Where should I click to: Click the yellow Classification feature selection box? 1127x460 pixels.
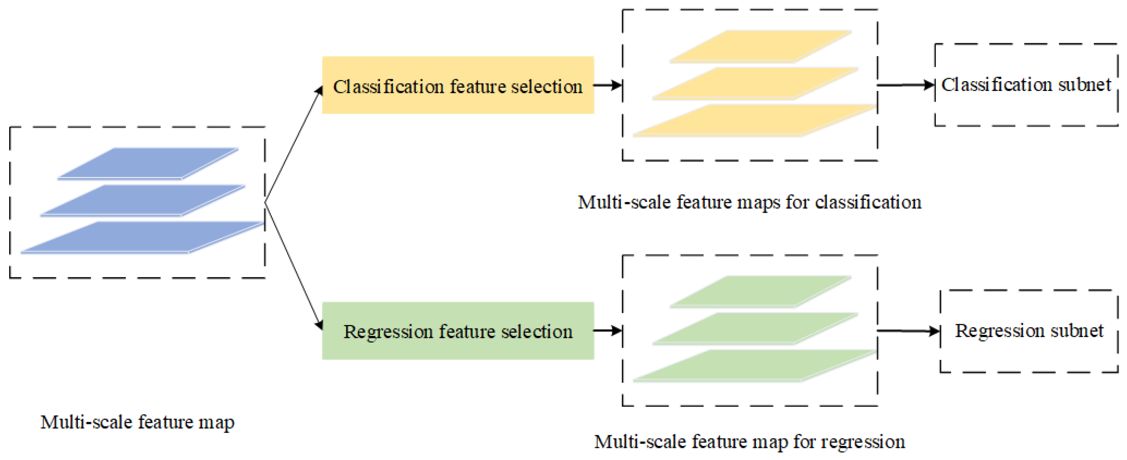(458, 85)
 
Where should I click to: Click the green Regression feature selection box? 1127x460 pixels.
(458, 331)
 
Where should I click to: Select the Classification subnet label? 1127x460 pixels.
(1026, 85)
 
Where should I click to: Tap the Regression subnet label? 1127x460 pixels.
(1029, 331)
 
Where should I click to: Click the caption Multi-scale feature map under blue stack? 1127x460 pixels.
(138, 422)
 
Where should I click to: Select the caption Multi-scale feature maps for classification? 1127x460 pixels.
(749, 202)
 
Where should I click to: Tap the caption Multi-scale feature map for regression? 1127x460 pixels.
(749, 442)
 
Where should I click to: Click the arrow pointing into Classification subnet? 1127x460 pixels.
(906, 85)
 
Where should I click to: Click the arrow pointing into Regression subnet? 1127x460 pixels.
(908, 331)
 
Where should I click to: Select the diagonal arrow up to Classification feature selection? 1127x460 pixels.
(293, 144)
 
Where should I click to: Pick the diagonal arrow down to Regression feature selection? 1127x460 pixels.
(293, 264)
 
